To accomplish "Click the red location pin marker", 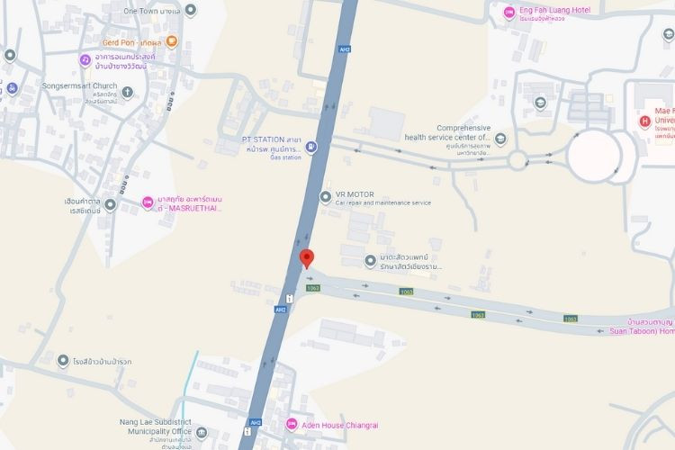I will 306,258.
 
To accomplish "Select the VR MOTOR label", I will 355,194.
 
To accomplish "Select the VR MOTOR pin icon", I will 325,196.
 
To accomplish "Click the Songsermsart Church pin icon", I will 127,92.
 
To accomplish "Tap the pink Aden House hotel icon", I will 291,425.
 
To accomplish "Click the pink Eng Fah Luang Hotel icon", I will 508,12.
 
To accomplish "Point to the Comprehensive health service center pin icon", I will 500,139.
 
